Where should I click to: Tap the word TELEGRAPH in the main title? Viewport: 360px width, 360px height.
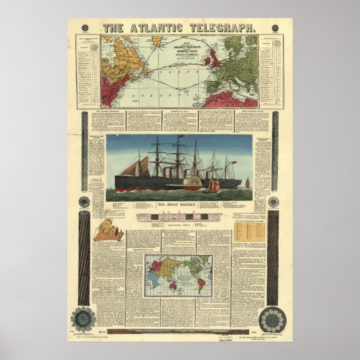(222, 28)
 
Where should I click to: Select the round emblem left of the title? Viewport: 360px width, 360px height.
(85, 28)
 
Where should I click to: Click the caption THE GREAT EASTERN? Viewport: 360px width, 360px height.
(179, 204)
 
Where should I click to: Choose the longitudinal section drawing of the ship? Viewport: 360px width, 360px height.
(179, 217)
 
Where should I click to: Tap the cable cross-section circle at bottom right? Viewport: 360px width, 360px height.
(273, 319)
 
